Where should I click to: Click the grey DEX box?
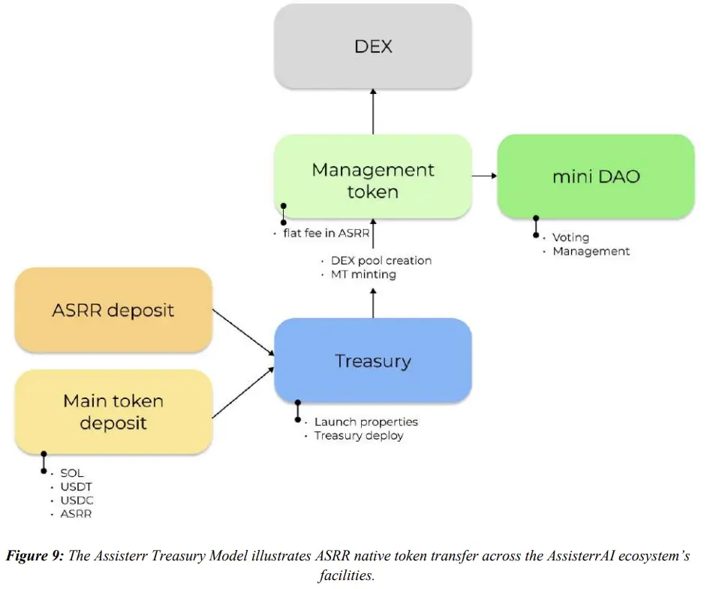click(x=373, y=47)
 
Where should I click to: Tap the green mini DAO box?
click(x=596, y=177)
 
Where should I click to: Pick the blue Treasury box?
click(x=373, y=361)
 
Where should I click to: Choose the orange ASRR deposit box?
click(x=113, y=310)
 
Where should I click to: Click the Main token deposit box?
click(x=113, y=411)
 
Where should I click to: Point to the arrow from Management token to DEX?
click(x=373, y=112)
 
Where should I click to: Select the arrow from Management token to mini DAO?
click(x=485, y=176)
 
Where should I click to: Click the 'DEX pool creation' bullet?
click(x=381, y=261)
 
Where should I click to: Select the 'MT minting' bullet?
click(x=363, y=275)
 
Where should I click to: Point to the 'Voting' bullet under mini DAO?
click(x=570, y=237)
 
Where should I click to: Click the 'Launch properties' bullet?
click(x=366, y=421)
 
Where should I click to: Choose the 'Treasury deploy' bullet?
click(x=358, y=436)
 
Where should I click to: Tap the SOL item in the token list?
click(x=72, y=473)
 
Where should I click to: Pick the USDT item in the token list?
click(x=76, y=487)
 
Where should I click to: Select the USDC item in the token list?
click(x=77, y=500)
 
